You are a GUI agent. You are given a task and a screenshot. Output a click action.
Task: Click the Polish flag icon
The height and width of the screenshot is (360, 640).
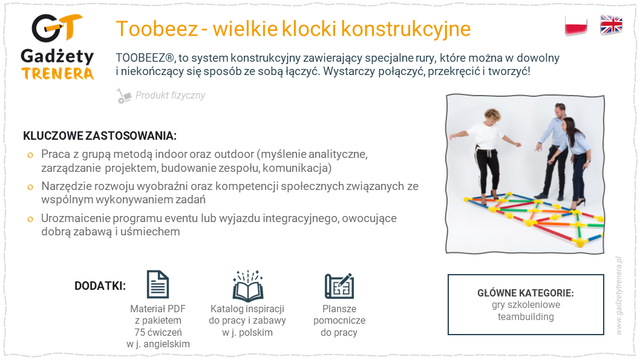click(x=576, y=25)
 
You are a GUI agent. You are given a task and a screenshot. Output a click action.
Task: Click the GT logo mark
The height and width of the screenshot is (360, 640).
click(x=57, y=28)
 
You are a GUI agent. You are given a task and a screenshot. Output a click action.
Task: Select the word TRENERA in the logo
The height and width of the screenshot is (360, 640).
click(x=57, y=74)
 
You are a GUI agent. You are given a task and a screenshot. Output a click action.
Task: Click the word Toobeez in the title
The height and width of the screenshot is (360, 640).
click(x=157, y=29)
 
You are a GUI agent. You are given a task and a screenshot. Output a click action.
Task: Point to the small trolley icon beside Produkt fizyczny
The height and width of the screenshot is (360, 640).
click(x=123, y=96)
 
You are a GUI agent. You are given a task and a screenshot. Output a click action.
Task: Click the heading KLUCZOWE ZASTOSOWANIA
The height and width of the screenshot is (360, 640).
click(x=100, y=136)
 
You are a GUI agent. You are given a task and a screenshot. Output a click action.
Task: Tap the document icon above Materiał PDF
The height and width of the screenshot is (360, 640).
click(x=157, y=284)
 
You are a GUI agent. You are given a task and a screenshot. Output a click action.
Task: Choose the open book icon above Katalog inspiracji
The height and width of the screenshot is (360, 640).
click(x=248, y=286)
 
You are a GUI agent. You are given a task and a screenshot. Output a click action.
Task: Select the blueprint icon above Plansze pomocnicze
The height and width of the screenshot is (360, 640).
click(x=339, y=286)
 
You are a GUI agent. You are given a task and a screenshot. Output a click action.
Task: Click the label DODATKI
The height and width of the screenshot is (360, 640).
click(x=100, y=286)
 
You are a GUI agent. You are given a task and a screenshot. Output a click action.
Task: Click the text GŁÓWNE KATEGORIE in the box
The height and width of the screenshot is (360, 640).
click(x=526, y=293)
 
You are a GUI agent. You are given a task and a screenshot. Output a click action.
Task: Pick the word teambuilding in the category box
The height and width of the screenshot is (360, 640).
click(x=526, y=316)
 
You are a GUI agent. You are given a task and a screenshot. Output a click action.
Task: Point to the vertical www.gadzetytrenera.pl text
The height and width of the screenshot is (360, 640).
click(x=619, y=295)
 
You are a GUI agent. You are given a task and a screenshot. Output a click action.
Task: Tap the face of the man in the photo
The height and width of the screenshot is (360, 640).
click(x=560, y=111)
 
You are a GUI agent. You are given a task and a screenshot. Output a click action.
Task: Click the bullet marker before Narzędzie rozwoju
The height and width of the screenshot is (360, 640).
click(x=30, y=188)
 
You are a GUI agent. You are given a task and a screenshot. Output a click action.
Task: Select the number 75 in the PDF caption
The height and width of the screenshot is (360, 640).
click(x=140, y=332)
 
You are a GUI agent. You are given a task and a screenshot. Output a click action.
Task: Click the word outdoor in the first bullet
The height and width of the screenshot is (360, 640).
click(x=234, y=154)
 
